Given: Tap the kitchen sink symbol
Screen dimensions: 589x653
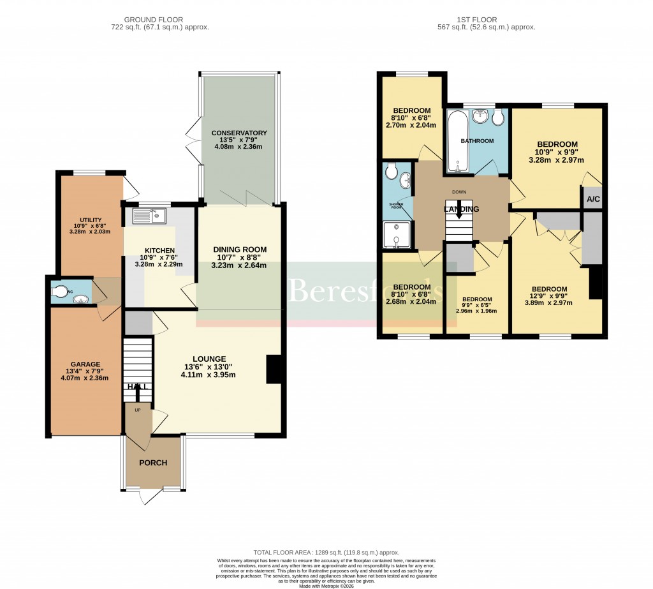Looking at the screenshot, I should tap(149, 216).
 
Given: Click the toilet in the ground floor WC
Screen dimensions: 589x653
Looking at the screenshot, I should tap(61, 292).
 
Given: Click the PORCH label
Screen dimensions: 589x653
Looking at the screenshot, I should tap(153, 463).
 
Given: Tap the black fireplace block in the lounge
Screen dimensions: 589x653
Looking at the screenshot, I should tap(274, 369).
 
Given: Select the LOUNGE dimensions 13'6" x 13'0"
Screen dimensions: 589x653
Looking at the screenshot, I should tap(209, 367).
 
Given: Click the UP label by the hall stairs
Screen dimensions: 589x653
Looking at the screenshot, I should tap(137, 410).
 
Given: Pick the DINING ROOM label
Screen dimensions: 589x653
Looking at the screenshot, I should tap(240, 250).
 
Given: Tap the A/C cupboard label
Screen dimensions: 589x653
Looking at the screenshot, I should tap(593, 200).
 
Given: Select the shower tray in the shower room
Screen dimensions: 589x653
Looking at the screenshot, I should tap(397, 234).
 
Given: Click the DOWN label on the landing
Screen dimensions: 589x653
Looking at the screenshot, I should tap(459, 192).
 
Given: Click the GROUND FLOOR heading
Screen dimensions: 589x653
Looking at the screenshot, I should tap(159, 20).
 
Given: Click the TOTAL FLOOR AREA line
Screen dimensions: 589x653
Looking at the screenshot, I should tap(326, 553).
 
